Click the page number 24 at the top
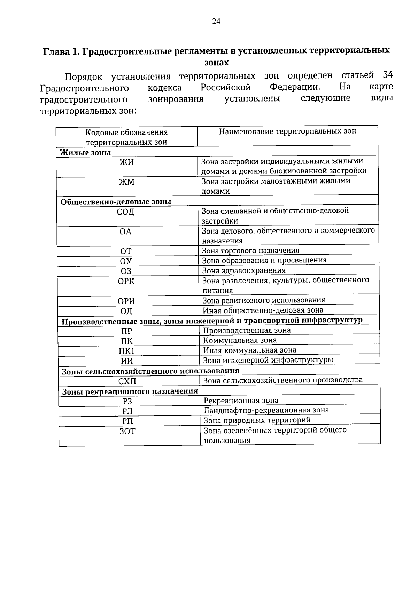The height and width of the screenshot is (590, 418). point(216,22)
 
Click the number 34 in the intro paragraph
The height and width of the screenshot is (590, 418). point(387,75)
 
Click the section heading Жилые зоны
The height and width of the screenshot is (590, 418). point(85,152)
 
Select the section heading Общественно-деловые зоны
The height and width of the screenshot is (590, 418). point(116,202)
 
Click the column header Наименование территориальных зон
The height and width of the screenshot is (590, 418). point(287,131)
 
